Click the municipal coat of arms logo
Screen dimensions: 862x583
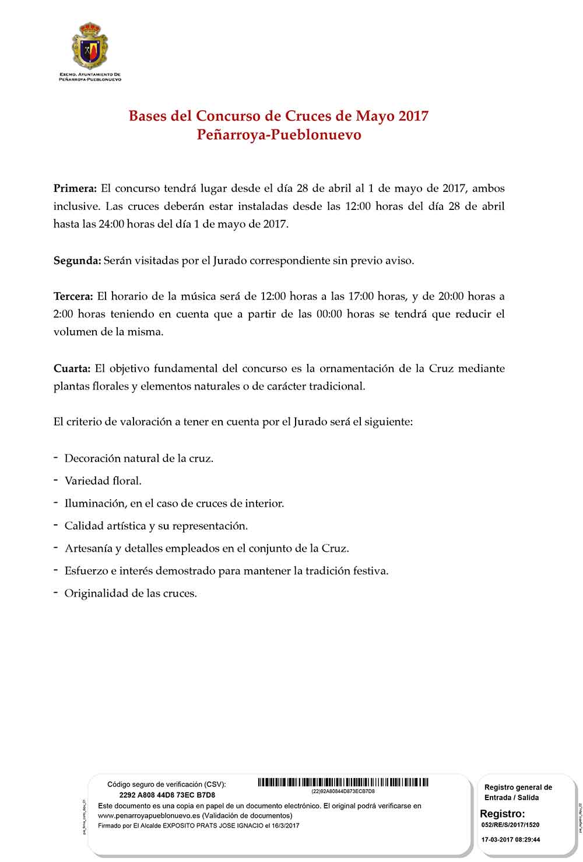point(90,46)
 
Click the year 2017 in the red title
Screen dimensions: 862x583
point(413,116)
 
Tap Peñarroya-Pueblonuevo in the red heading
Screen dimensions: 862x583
point(279,135)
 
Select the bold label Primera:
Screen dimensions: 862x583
point(75,188)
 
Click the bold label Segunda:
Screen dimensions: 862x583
point(77,261)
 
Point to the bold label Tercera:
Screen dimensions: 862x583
point(73,296)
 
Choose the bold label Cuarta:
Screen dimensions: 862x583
point(72,369)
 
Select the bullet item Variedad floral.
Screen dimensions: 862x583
point(103,481)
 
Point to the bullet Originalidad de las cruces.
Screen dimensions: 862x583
point(131,594)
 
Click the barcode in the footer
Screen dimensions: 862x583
point(343,782)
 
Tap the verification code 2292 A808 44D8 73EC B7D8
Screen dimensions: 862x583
point(167,795)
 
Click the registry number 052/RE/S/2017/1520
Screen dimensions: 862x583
point(511,825)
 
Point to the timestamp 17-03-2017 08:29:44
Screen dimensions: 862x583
point(511,840)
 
